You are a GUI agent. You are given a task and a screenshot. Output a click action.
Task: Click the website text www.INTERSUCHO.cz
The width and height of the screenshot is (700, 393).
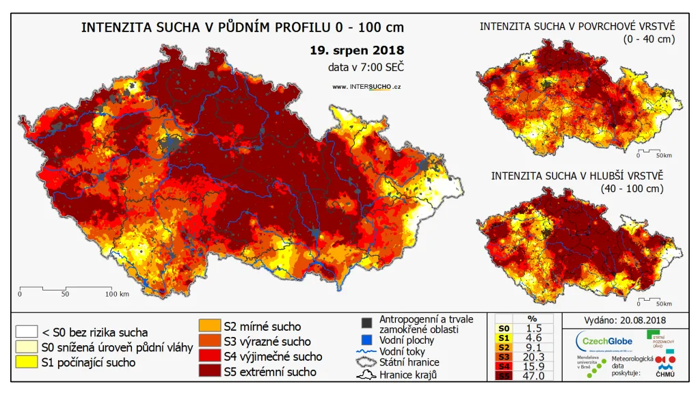366,87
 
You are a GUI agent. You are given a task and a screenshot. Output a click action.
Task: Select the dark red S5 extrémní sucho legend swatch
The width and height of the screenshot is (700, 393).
209,370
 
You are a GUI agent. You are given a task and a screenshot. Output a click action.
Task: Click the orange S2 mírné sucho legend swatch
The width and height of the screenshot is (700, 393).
209,326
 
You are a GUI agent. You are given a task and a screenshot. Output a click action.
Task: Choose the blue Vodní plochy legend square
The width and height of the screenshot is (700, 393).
367,340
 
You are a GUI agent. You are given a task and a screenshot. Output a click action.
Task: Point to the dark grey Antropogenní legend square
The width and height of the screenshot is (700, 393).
367,322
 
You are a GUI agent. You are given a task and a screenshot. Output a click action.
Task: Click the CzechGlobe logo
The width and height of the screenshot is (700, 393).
604,341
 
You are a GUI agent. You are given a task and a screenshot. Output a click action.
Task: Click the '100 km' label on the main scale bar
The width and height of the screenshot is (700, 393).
117,295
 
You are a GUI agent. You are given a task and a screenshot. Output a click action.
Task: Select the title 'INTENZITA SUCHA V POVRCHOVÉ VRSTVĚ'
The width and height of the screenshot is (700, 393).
577,27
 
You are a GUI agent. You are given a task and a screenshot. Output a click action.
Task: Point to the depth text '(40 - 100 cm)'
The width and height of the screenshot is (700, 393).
632,188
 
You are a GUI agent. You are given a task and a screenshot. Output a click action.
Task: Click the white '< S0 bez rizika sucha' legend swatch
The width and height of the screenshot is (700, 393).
27,331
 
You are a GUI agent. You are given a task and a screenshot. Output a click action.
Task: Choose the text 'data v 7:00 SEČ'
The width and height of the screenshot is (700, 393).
366,67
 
